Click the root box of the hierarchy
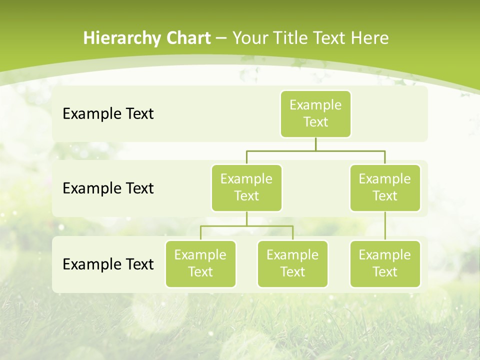click(315, 114)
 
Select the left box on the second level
click(246, 188)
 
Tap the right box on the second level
click(385, 188)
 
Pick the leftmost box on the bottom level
click(200, 264)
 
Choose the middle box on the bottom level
click(292, 264)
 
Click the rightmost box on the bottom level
click(385, 264)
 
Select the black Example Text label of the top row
click(108, 114)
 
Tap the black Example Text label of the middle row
click(108, 188)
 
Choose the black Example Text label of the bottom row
click(108, 264)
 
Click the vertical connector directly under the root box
click(315, 144)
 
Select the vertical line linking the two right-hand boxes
click(385, 226)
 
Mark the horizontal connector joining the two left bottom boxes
click(246, 226)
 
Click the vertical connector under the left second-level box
click(246, 218)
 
